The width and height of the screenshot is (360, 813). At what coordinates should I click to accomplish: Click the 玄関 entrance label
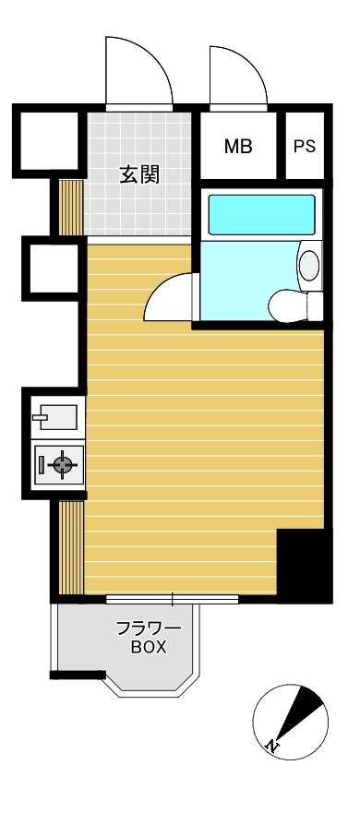pyautogui.click(x=139, y=175)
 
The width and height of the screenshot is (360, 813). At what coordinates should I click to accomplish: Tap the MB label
pyautogui.click(x=238, y=147)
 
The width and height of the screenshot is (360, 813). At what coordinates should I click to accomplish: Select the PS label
pyautogui.click(x=305, y=147)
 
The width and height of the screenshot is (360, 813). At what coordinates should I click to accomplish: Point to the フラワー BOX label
pyautogui.click(x=148, y=639)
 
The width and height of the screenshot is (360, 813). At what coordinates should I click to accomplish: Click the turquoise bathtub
pyautogui.click(x=261, y=215)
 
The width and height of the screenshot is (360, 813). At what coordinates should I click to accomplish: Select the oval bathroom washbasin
pyautogui.click(x=309, y=265)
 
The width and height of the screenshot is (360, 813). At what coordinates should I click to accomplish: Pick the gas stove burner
pyautogui.click(x=62, y=464)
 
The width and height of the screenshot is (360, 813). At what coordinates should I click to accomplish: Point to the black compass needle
pyautogui.click(x=300, y=713)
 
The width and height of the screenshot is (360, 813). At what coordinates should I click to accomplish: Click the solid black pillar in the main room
pyautogui.click(x=304, y=565)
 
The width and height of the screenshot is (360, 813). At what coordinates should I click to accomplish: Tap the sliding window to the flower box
pyautogui.click(x=173, y=600)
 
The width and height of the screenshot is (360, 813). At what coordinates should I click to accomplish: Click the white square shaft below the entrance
pyautogui.click(x=54, y=268)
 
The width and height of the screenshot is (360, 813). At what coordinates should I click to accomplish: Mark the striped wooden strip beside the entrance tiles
pyautogui.click(x=71, y=208)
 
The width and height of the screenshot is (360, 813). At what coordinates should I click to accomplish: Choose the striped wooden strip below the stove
pyautogui.click(x=71, y=547)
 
